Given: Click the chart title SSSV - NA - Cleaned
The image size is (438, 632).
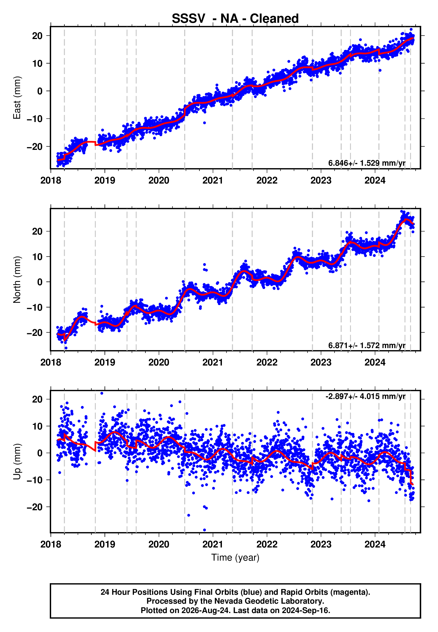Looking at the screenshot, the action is pyautogui.click(x=235, y=19).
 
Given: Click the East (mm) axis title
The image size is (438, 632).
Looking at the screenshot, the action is pyautogui.click(x=17, y=98).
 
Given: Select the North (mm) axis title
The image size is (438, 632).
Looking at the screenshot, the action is pyautogui.click(x=17, y=280).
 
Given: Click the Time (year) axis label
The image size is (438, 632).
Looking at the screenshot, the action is pyautogui.click(x=235, y=558).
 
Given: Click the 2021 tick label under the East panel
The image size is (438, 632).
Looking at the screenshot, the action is pyautogui.click(x=213, y=180).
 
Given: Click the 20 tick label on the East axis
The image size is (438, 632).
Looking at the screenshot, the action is pyautogui.click(x=37, y=36).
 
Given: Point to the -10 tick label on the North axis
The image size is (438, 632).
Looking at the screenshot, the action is pyautogui.click(x=35, y=307).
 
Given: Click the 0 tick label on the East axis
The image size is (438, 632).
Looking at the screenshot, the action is pyautogui.click(x=40, y=91).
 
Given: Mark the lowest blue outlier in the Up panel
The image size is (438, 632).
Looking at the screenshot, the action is pyautogui.click(x=204, y=530).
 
